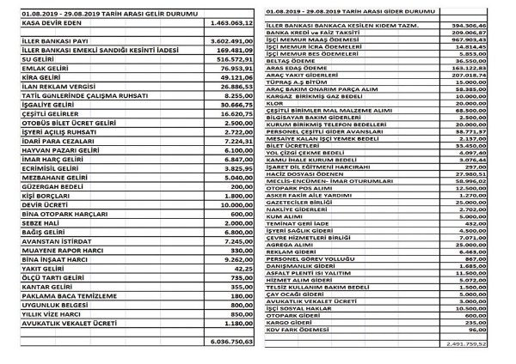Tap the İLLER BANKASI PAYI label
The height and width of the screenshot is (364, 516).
tap(42, 39)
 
